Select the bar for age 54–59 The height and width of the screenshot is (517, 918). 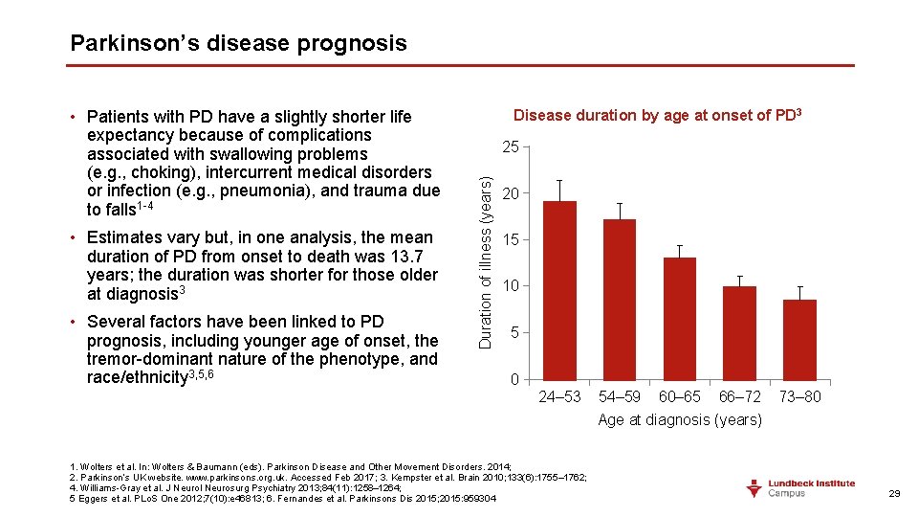click(x=620, y=299)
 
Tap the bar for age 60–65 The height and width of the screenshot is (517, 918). click(x=679, y=318)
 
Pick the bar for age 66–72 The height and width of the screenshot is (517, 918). click(x=739, y=332)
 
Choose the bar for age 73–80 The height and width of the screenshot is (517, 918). click(x=799, y=339)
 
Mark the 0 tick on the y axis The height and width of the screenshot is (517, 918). click(x=514, y=380)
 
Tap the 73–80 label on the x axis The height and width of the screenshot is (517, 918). click(x=799, y=396)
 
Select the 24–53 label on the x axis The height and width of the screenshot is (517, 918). click(x=559, y=396)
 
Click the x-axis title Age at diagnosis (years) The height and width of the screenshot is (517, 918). click(x=680, y=419)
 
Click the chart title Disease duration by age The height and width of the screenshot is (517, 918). click(x=657, y=116)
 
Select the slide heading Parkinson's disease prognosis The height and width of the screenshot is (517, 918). click(x=238, y=43)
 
